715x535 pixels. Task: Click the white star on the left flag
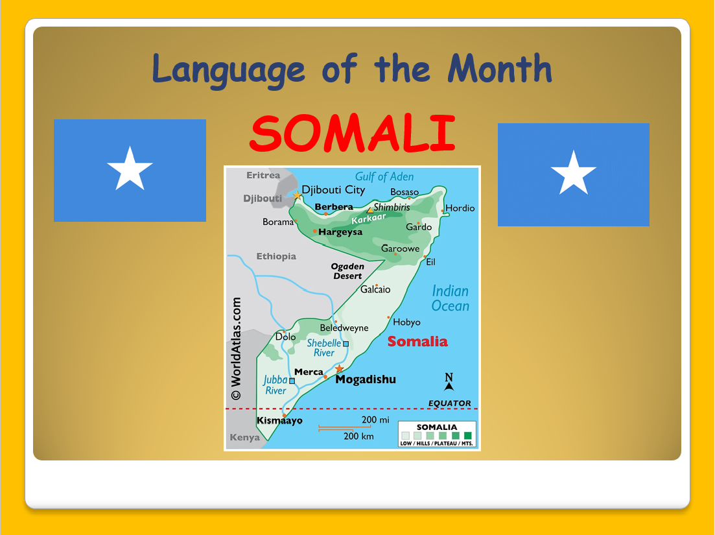130,169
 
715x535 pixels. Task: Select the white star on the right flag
574,172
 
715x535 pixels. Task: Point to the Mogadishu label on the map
366,379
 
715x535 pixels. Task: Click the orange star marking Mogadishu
339,368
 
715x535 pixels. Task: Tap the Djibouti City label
333,190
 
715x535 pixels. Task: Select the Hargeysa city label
340,232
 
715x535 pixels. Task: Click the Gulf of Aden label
384,176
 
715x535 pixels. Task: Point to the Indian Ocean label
451,298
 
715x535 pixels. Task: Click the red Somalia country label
417,342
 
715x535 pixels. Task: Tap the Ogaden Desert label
347,271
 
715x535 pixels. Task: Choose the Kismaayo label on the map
279,420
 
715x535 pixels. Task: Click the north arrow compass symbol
449,382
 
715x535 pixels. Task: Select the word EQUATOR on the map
450,403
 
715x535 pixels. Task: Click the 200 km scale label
358,436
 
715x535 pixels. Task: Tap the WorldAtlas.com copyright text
236,349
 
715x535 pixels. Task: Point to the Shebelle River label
323,348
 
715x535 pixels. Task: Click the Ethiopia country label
276,256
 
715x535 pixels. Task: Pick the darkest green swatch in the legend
467,436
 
